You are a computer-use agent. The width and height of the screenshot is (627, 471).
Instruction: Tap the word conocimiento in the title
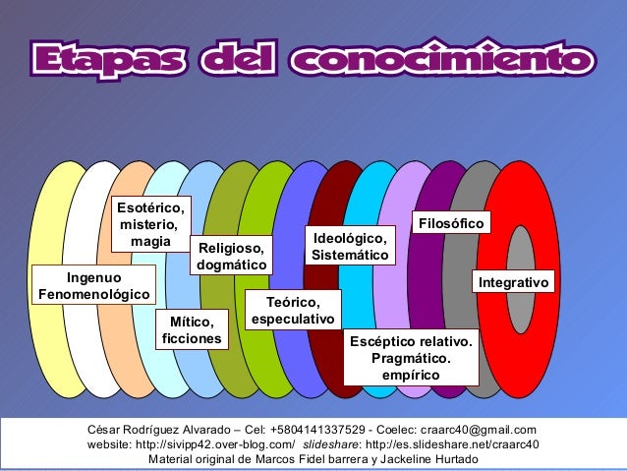(441, 58)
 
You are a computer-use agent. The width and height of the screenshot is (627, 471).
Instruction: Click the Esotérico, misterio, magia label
(150, 224)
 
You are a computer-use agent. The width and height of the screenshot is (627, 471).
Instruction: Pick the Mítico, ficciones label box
(192, 330)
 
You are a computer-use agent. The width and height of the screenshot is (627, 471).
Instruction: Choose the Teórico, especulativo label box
(293, 310)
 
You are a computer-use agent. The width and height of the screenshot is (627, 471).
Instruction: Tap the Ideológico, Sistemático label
(350, 247)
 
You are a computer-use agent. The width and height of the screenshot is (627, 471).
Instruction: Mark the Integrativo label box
(513, 283)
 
